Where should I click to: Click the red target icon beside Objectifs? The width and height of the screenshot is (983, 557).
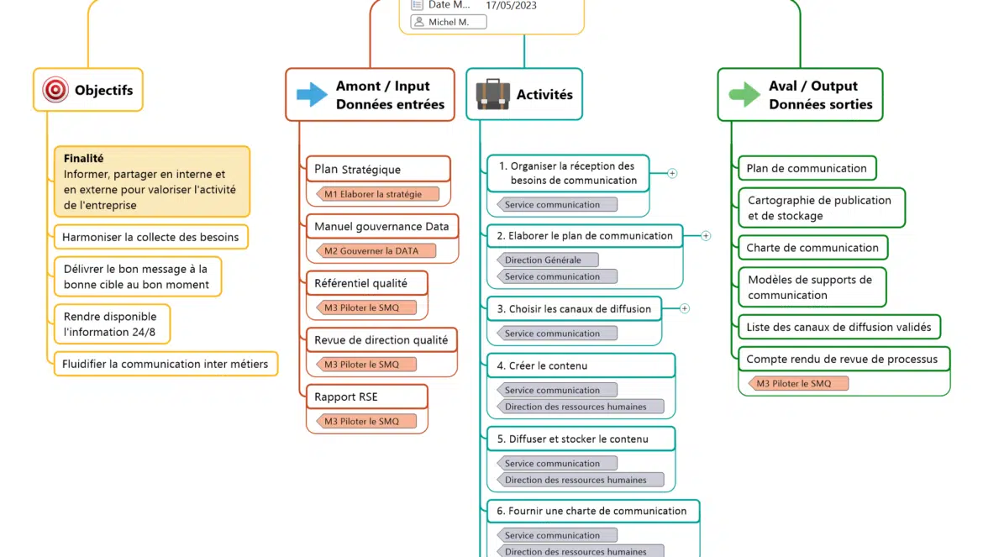tap(55, 90)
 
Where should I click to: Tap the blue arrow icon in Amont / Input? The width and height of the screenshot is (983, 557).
tap(312, 94)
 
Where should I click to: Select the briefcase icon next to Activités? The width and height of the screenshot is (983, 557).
tap(492, 94)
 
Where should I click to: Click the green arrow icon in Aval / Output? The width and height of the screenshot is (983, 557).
tap(744, 94)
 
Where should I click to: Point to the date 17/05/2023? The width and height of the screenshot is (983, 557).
tap(511, 5)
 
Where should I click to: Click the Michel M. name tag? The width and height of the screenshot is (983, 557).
tap(449, 22)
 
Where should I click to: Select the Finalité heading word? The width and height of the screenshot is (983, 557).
tap(83, 158)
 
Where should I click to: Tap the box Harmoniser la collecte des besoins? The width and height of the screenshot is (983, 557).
tap(150, 237)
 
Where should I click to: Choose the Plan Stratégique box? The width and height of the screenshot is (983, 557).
tap(377, 169)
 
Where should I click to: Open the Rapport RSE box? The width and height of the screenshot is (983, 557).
tap(366, 397)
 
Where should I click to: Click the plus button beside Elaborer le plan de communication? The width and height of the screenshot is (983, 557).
tap(706, 236)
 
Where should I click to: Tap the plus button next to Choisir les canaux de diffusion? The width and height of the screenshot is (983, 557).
tap(685, 308)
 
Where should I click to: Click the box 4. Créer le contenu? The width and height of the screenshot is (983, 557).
tap(580, 365)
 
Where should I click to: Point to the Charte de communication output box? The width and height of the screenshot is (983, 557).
tap(812, 248)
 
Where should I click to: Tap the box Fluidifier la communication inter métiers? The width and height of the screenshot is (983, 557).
tap(165, 364)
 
